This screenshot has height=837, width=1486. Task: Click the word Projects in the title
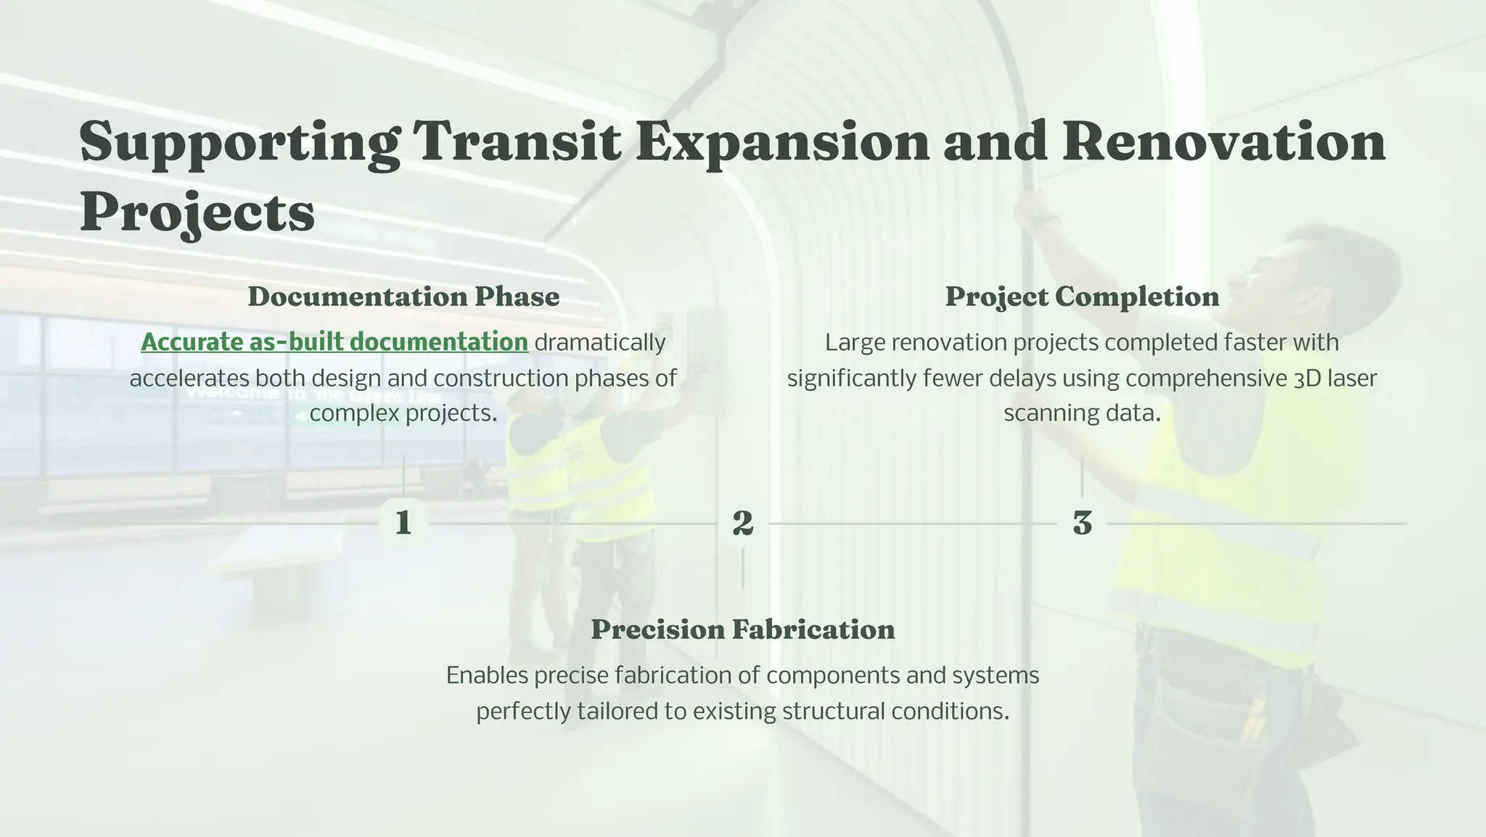197,213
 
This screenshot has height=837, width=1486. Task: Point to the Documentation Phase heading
403,297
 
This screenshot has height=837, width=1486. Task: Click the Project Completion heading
1082,297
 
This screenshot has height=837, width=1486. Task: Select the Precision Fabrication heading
742,630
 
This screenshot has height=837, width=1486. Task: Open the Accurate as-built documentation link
334,342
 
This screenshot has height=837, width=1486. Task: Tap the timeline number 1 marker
403,522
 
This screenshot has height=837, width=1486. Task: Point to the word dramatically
600,342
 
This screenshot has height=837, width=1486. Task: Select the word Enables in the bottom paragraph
487,675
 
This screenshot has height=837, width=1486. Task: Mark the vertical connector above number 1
403,476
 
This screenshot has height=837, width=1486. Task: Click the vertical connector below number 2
742,569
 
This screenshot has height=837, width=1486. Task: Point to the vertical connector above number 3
1082,476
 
